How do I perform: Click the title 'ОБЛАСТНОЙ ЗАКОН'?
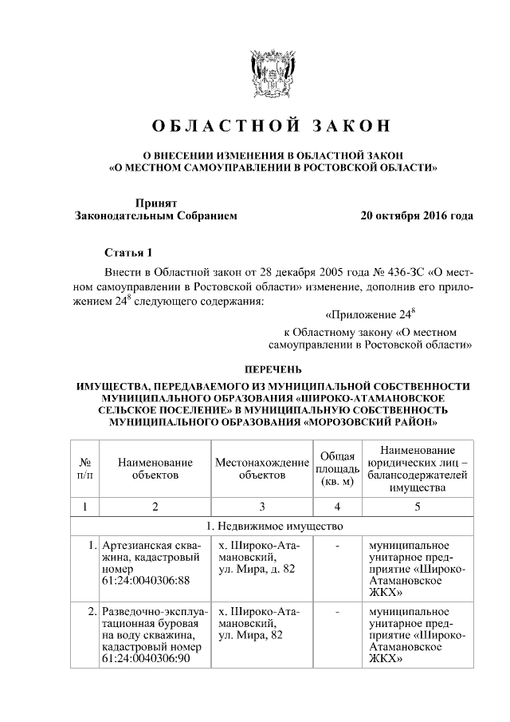pyautogui.click(x=261, y=127)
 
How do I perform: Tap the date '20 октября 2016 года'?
pyautogui.click(x=417, y=216)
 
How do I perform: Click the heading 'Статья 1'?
pyautogui.click(x=128, y=254)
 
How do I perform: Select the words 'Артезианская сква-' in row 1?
pyautogui.click(x=151, y=546)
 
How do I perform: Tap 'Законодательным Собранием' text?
pyautogui.click(x=155, y=216)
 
